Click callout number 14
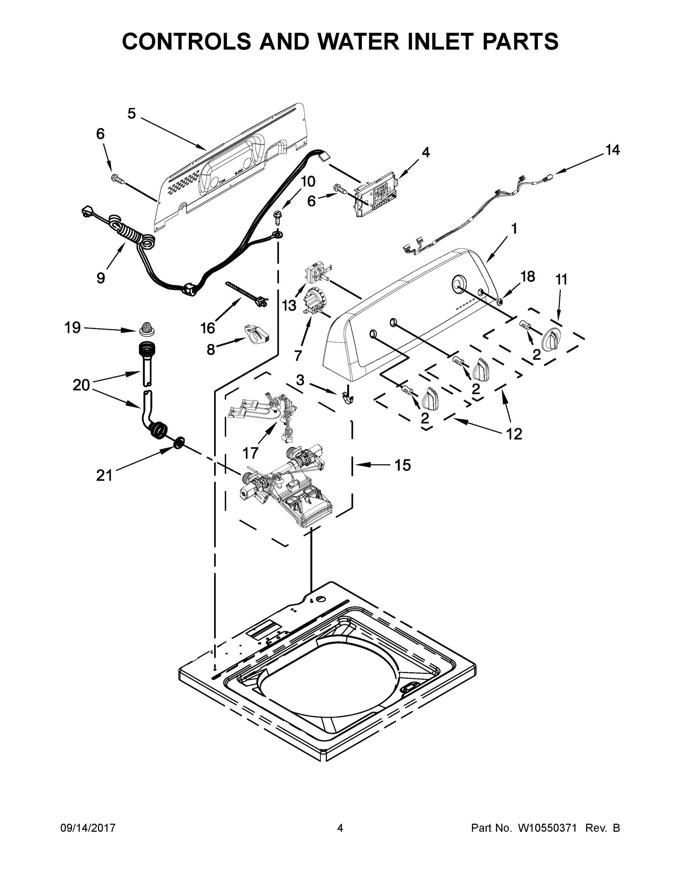click(x=612, y=150)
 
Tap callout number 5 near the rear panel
click(x=132, y=114)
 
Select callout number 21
click(x=104, y=476)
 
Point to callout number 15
click(x=403, y=465)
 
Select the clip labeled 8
click(x=257, y=334)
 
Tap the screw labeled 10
click(x=277, y=217)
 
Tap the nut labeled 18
click(x=499, y=301)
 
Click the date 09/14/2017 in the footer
click(x=88, y=828)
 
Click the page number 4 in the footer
click(x=340, y=828)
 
